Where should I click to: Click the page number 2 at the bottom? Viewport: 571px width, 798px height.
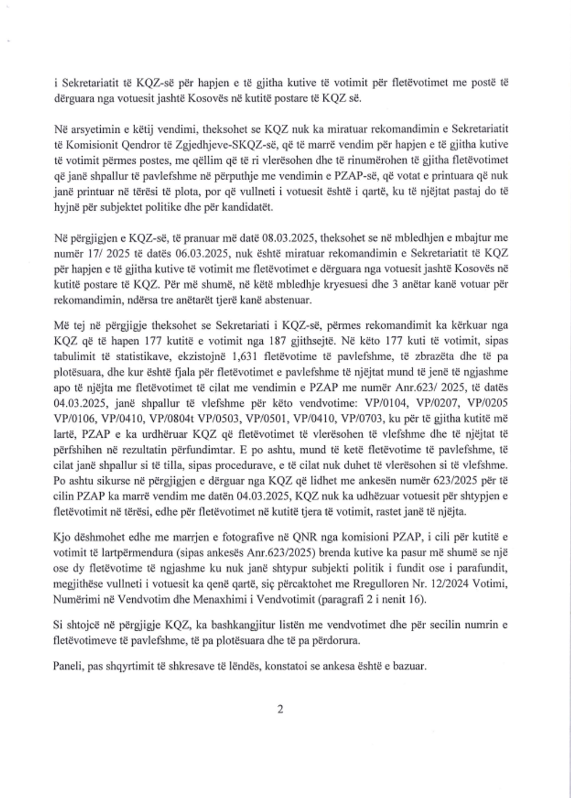point(280,709)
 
